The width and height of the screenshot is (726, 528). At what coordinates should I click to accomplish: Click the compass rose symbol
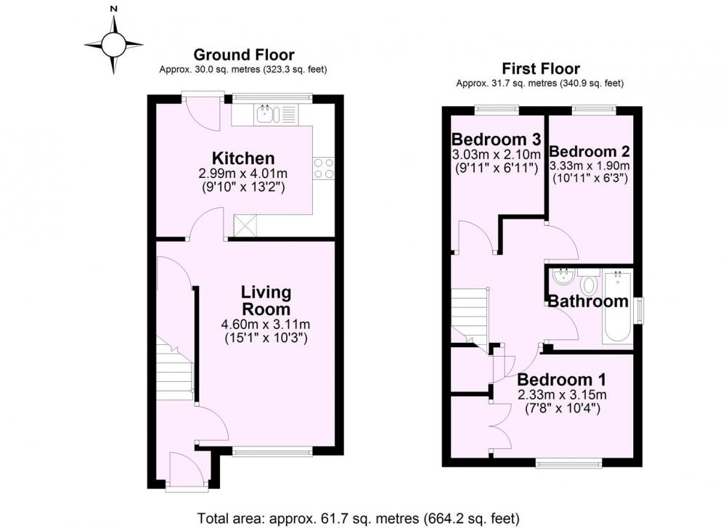click(113, 44)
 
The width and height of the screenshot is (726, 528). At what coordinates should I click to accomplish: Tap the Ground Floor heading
click(243, 55)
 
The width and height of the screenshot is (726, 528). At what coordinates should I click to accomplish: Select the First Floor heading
click(541, 69)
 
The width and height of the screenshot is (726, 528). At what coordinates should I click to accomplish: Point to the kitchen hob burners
click(324, 168)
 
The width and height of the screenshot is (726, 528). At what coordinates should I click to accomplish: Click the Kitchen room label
click(243, 158)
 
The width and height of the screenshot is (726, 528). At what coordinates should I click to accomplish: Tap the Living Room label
click(266, 301)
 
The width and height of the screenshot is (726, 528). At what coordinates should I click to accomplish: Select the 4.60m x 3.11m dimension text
click(266, 324)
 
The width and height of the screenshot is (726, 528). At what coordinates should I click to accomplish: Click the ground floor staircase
click(174, 368)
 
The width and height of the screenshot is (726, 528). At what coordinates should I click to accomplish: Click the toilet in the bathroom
click(590, 282)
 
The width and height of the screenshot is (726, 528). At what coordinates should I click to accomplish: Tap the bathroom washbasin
click(564, 277)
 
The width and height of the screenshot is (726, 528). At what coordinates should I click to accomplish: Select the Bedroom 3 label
click(496, 139)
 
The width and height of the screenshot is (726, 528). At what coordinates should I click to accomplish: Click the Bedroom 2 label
click(590, 152)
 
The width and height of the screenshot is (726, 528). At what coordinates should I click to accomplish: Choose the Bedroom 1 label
click(561, 380)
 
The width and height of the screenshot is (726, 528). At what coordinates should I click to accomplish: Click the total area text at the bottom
click(359, 518)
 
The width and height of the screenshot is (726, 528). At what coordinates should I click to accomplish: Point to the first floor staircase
click(470, 317)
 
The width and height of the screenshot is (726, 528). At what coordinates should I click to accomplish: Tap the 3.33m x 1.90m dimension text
click(590, 166)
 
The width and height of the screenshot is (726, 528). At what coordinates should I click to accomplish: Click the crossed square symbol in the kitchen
click(245, 226)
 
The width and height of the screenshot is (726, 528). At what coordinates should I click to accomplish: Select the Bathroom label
click(588, 301)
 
